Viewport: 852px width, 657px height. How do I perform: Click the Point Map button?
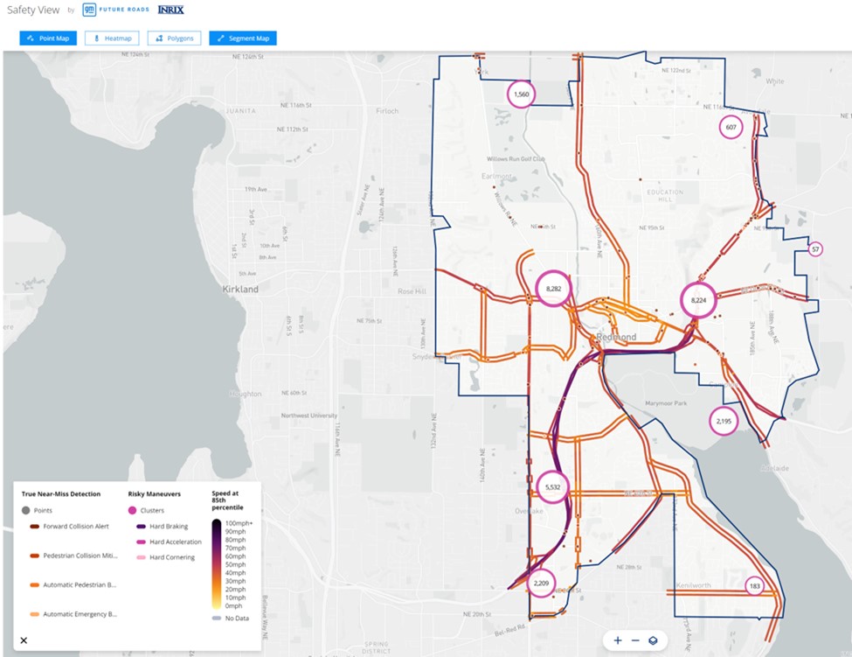pyautogui.click(x=48, y=38)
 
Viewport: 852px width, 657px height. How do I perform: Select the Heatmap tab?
pyautogui.click(x=111, y=38)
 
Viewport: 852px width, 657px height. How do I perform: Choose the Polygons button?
pyautogui.click(x=175, y=38)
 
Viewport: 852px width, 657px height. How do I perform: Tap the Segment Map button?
pyautogui.click(x=243, y=38)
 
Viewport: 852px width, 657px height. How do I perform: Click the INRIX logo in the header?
pyautogui.click(x=170, y=10)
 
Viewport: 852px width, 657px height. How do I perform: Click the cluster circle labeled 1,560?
pyautogui.click(x=522, y=94)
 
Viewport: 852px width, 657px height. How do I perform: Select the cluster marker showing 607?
pyautogui.click(x=731, y=128)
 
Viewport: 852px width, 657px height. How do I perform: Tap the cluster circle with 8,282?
pyautogui.click(x=552, y=288)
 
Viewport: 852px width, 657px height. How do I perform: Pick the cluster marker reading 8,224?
pyautogui.click(x=698, y=299)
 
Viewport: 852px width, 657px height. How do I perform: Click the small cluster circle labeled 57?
pyautogui.click(x=815, y=249)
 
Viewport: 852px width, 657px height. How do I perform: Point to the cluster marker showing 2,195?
pyautogui.click(x=724, y=421)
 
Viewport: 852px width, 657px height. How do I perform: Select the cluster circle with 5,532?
pyautogui.click(x=552, y=486)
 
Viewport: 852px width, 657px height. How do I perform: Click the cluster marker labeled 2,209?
pyautogui.click(x=542, y=583)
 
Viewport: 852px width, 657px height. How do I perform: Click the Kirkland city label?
pyautogui.click(x=240, y=289)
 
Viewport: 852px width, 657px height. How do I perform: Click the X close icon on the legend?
pyautogui.click(x=24, y=640)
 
